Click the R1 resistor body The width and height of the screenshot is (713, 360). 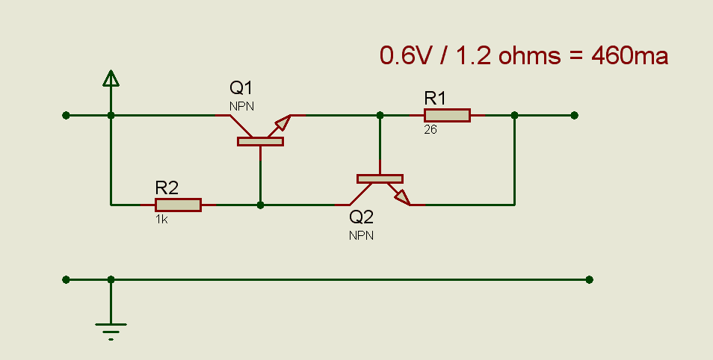click(x=447, y=115)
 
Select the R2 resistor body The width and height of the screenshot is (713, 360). click(x=178, y=205)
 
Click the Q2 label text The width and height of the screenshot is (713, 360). click(x=362, y=217)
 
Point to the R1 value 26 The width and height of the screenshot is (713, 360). click(x=430, y=129)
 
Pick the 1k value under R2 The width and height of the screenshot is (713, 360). click(x=161, y=220)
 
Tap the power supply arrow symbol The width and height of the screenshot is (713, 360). click(x=111, y=78)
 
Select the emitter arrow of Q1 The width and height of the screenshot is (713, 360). click(x=283, y=122)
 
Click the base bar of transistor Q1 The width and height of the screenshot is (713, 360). click(x=260, y=141)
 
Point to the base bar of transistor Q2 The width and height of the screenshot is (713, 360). click(x=380, y=179)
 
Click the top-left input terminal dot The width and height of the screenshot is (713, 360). click(x=67, y=115)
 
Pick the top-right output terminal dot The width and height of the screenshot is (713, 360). click(x=574, y=115)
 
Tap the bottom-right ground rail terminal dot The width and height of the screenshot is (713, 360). click(x=590, y=279)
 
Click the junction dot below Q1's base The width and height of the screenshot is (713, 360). click(x=260, y=205)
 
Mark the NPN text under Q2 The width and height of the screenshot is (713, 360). click(x=362, y=235)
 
